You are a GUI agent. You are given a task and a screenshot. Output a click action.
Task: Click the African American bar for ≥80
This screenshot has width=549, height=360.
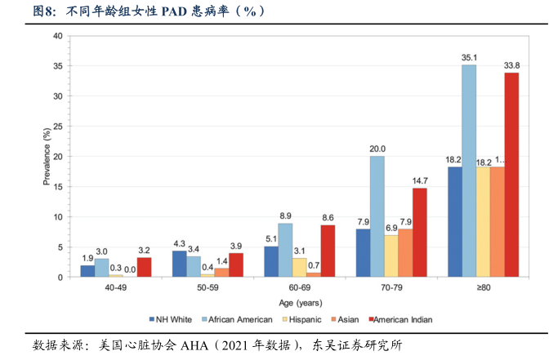tap(468, 171)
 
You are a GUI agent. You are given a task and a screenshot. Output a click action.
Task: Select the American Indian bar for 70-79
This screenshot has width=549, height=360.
tap(419, 233)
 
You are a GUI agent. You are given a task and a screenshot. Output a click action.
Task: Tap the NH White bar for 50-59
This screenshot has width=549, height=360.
tap(179, 264)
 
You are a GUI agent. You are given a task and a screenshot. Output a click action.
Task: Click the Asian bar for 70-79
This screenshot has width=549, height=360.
tap(405, 253)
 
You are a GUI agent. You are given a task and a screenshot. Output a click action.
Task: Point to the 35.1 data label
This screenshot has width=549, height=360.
tap(468, 58)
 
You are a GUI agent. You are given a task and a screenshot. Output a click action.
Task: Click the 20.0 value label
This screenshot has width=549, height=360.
tap(377, 149)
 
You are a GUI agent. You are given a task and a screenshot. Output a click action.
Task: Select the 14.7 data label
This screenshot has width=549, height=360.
tap(420, 181)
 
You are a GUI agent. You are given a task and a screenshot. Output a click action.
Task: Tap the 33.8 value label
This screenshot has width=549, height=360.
tap(511, 66)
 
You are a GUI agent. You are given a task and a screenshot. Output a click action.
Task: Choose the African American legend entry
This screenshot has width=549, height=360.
tap(239, 319)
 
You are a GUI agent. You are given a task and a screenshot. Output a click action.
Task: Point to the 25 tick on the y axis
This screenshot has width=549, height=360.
tap(58, 127)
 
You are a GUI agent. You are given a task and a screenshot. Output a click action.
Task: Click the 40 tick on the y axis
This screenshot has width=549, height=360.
tap(58, 36)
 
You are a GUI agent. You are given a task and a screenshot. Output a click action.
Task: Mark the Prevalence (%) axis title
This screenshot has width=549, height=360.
tap(47, 156)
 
